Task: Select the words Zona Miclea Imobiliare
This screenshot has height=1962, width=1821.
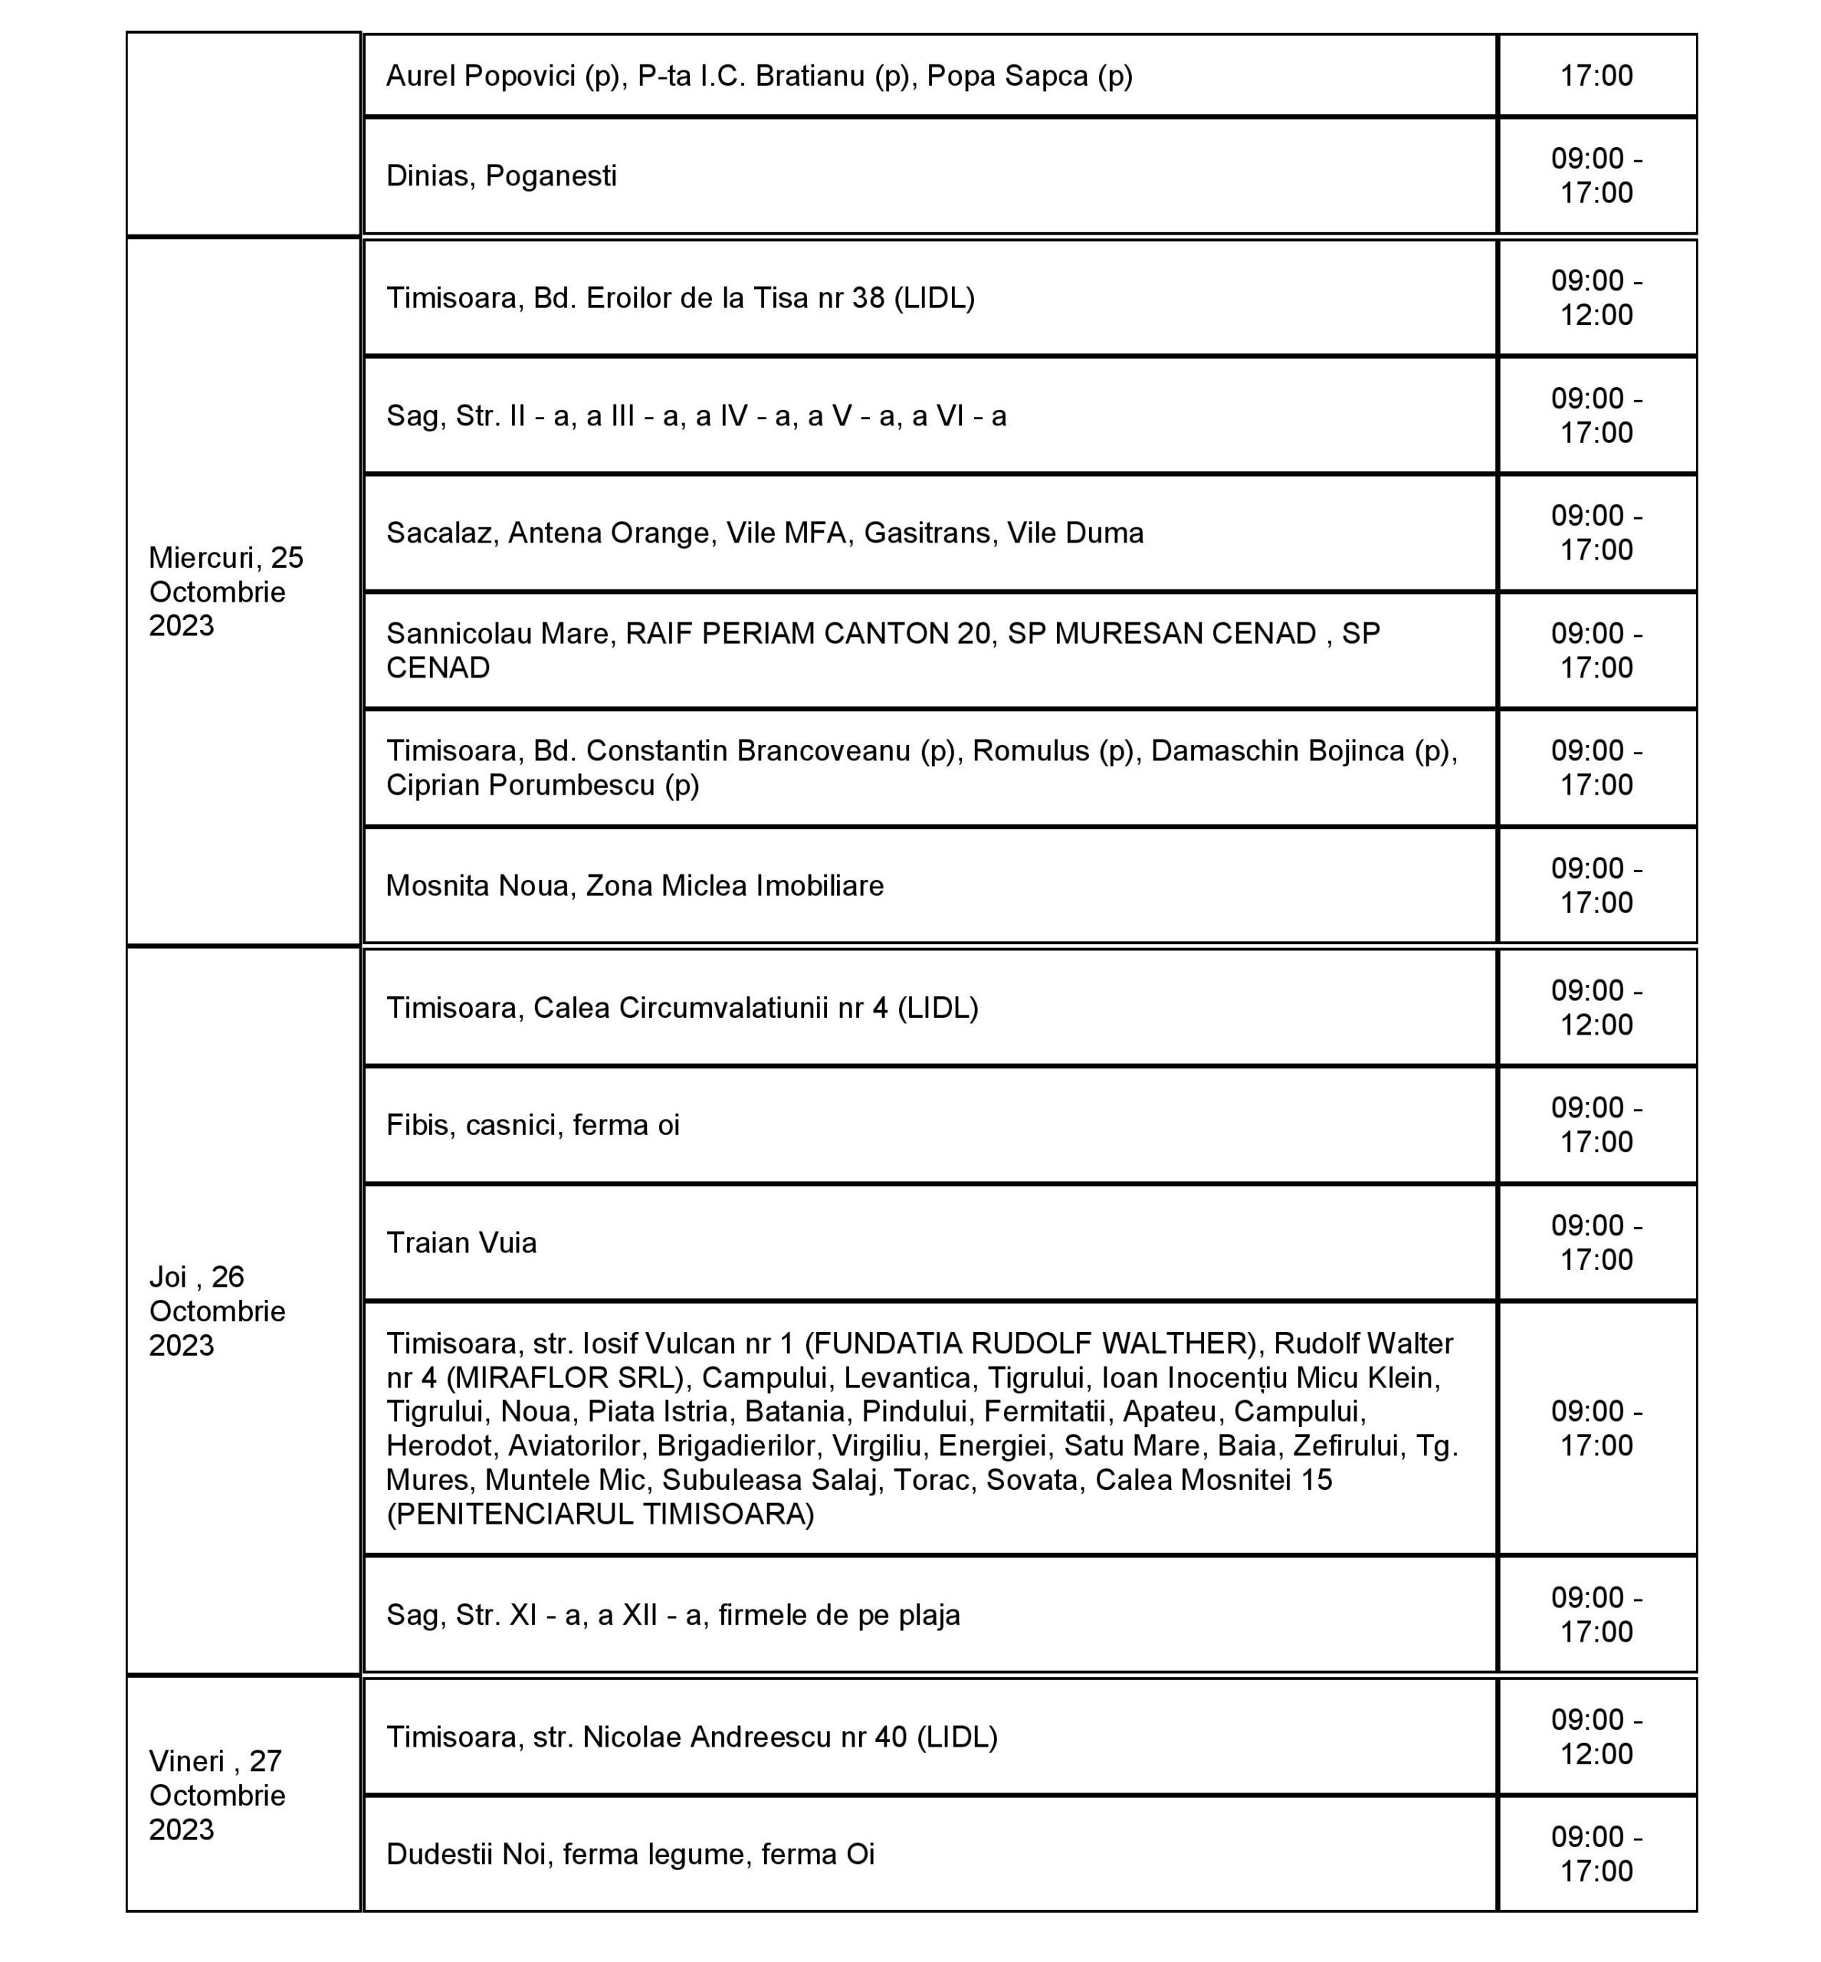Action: (x=734, y=886)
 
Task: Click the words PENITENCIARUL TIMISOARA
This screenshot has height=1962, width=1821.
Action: (x=600, y=1514)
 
